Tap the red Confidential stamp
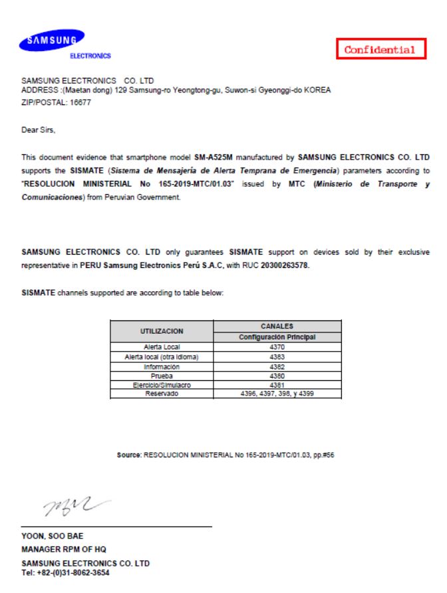pyautogui.click(x=380, y=49)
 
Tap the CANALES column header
pyautogui.click(x=277, y=326)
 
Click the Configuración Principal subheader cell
pyautogui.click(x=277, y=337)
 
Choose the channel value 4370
pyautogui.click(x=277, y=347)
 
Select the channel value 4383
pyautogui.click(x=277, y=356)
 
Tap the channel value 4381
pyautogui.click(x=277, y=384)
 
